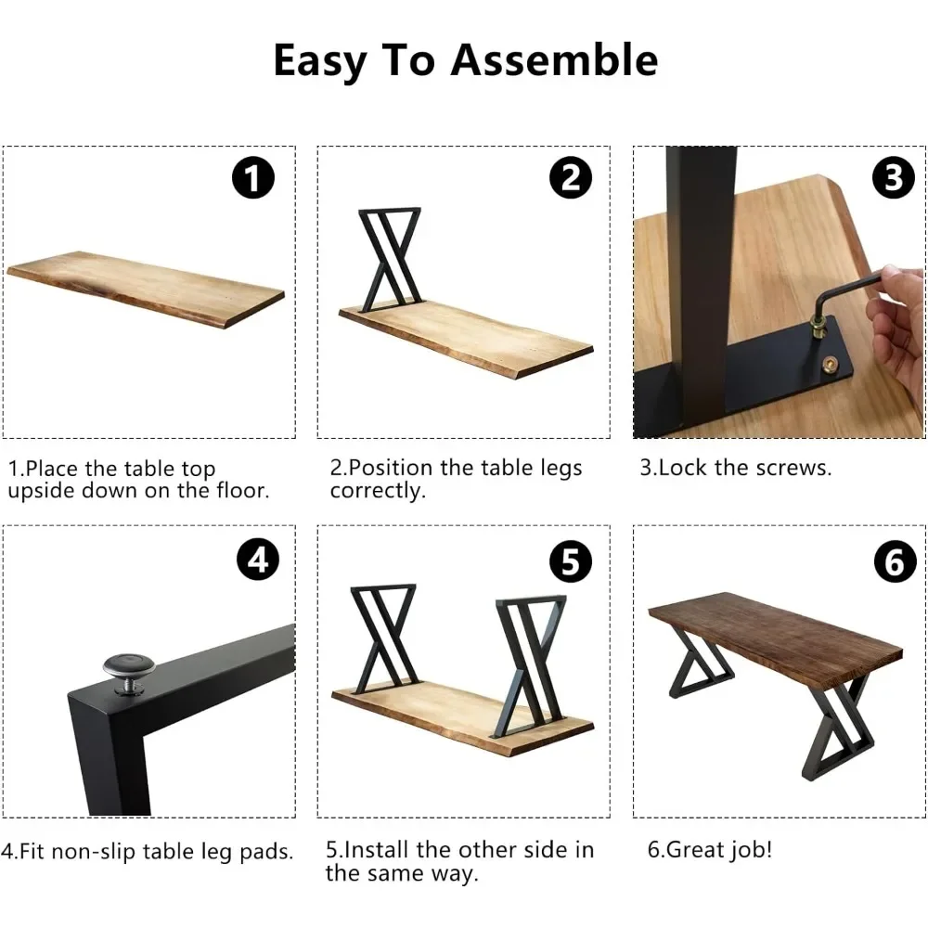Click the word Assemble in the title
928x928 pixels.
point(554,60)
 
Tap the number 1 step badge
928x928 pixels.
point(252,176)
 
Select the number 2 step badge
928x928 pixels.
point(570,176)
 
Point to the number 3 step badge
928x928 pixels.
point(893,176)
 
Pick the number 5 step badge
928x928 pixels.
point(570,561)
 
